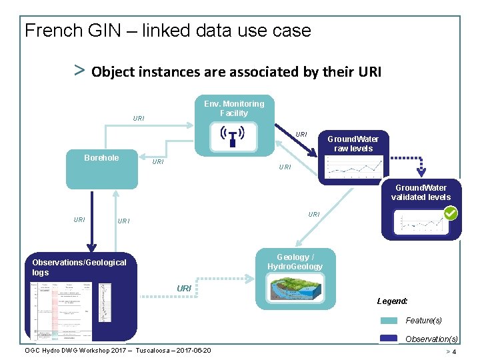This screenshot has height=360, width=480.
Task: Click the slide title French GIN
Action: point(167,31)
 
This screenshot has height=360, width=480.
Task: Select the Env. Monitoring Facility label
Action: point(233,109)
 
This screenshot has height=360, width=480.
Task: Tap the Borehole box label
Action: point(101,158)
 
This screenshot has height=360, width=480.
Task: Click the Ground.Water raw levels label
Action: point(353,143)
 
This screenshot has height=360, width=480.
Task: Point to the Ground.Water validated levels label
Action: point(421,192)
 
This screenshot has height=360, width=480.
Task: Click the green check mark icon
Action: point(451,213)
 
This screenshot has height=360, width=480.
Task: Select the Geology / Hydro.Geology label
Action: point(295,262)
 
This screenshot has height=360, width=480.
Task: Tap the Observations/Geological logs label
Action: point(79,267)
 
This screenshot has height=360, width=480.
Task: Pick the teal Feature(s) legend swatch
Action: point(388,321)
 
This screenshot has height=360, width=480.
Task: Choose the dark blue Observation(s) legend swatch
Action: point(388,339)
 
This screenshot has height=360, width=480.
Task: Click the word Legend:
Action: point(392,301)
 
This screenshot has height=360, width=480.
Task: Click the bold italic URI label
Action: point(184,288)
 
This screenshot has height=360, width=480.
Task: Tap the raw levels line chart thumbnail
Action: point(351,169)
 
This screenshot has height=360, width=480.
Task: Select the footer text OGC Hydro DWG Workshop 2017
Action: point(118,351)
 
